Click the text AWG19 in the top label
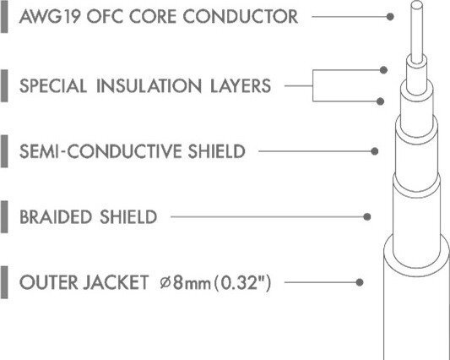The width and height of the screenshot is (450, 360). click(x=50, y=16)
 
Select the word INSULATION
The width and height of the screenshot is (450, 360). click(x=149, y=86)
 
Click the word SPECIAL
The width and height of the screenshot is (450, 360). click(x=53, y=86)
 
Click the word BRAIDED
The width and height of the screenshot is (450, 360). click(x=56, y=216)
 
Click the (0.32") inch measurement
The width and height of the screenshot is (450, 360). click(x=242, y=283)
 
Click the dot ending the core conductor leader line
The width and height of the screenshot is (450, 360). click(x=390, y=17)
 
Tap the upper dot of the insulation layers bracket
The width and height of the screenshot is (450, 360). click(x=383, y=70)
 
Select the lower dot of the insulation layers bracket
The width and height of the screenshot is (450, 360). click(x=380, y=101)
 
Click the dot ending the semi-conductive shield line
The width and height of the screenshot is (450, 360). click(x=374, y=151)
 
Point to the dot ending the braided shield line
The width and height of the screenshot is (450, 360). click(x=366, y=216)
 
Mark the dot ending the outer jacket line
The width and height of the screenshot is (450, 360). click(x=360, y=282)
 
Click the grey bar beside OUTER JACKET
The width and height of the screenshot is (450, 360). click(x=4, y=282)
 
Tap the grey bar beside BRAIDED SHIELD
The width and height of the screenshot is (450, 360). click(x=4, y=216)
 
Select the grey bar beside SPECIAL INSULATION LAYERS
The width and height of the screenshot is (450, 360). click(x=4, y=85)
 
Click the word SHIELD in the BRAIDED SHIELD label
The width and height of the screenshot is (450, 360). click(x=128, y=216)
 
